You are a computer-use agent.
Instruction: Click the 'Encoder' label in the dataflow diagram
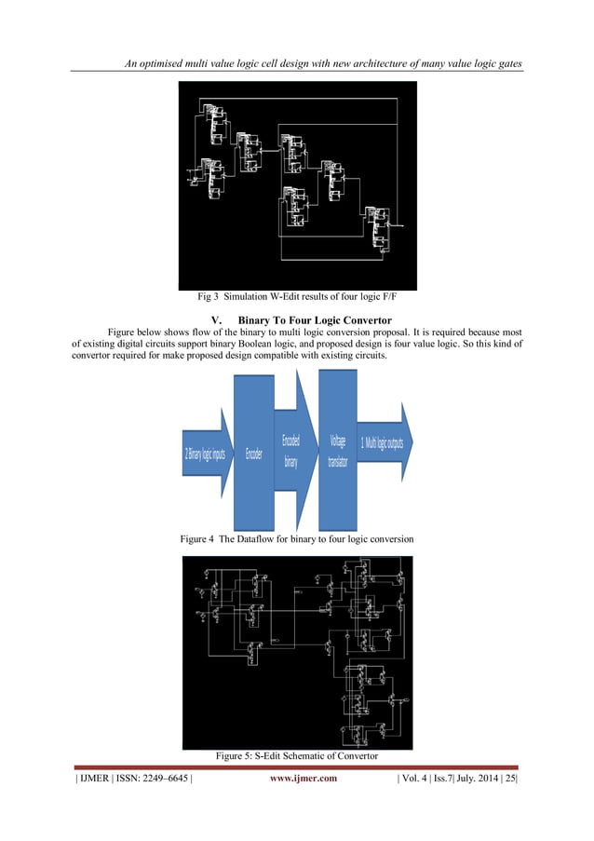pos(253,454)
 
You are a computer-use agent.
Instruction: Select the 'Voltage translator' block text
pos(337,452)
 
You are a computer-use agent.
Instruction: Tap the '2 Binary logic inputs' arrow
pos(204,454)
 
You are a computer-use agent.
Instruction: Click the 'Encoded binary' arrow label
pos(290,451)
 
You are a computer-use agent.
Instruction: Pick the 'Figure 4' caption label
pos(200,540)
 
